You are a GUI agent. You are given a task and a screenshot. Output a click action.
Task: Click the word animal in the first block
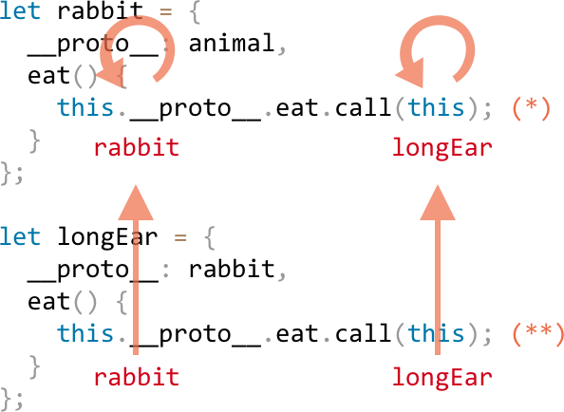tap(232, 43)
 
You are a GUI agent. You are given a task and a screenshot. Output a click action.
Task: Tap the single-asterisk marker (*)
tap(532, 107)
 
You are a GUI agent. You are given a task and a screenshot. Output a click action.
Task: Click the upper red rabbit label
tap(137, 147)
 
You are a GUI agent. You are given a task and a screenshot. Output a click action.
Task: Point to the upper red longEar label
tap(442, 147)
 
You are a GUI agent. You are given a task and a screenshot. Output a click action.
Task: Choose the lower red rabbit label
tap(137, 377)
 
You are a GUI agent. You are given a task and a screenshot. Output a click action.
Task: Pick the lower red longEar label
tap(442, 377)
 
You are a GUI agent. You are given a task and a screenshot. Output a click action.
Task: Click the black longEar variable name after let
tap(107, 237)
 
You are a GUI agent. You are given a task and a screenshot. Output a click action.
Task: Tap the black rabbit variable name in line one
tap(100, 10)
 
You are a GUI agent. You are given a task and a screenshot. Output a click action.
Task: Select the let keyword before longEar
tap(20, 236)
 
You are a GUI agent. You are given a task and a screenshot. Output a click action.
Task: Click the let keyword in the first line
tap(20, 10)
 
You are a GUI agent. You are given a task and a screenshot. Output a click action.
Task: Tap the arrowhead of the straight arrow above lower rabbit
tap(136, 203)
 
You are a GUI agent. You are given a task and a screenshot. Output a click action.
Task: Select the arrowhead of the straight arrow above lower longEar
tap(438, 203)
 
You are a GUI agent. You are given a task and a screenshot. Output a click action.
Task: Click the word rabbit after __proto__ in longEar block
tap(232, 269)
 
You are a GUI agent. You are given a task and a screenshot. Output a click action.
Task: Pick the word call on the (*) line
tap(363, 107)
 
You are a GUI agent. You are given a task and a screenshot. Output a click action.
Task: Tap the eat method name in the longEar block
tap(49, 301)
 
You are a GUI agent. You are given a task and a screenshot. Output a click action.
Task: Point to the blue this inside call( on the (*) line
tap(436, 107)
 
